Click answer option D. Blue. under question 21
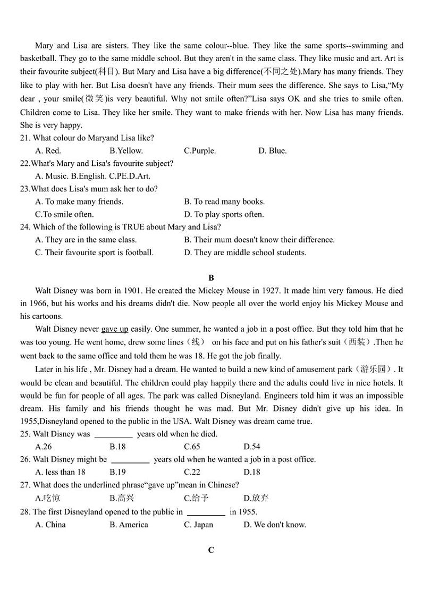(x=272, y=150)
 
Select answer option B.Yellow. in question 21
(x=126, y=150)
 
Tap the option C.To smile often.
(x=64, y=214)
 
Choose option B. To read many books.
(x=224, y=201)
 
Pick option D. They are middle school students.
(x=245, y=253)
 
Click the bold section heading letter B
(x=211, y=278)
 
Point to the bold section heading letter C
(x=211, y=550)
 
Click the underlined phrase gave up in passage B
(x=115, y=329)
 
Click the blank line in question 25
(x=113, y=435)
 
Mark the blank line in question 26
(x=130, y=460)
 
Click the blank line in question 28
(x=206, y=513)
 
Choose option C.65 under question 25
(x=192, y=447)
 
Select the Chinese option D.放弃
(x=256, y=498)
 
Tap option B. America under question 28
(x=129, y=525)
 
